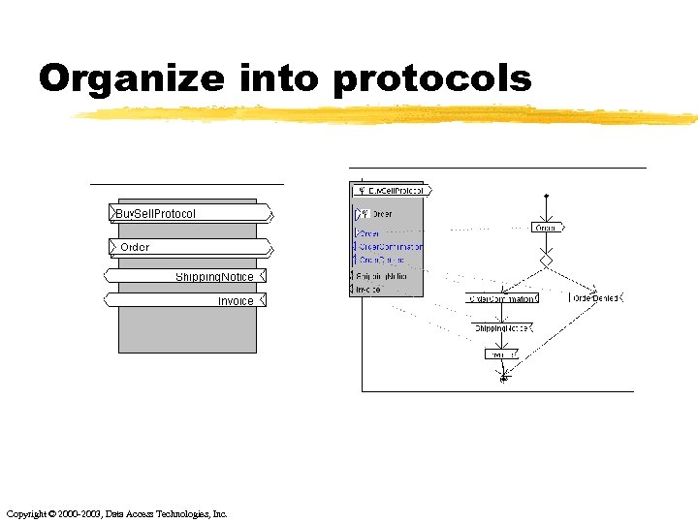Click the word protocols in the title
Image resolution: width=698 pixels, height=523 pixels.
(x=432, y=78)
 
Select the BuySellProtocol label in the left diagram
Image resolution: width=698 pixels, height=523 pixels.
(x=156, y=213)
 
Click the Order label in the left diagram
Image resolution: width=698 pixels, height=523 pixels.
(x=135, y=247)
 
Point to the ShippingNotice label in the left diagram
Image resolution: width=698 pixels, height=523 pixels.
(x=214, y=277)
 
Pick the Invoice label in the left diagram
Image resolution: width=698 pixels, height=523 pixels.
(x=236, y=301)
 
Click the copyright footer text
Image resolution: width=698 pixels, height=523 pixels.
(x=116, y=513)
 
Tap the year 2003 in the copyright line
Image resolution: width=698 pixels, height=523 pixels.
(x=85, y=513)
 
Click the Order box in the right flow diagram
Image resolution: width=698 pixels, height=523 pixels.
(x=547, y=228)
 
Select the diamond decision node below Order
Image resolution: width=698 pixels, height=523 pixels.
(x=547, y=261)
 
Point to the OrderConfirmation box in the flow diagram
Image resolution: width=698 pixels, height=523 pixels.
(x=501, y=299)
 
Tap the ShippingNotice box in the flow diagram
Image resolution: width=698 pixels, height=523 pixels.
(x=501, y=328)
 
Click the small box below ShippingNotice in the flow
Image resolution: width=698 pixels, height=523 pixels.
(x=502, y=354)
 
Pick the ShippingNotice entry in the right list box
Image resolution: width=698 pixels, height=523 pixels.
(x=382, y=276)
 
